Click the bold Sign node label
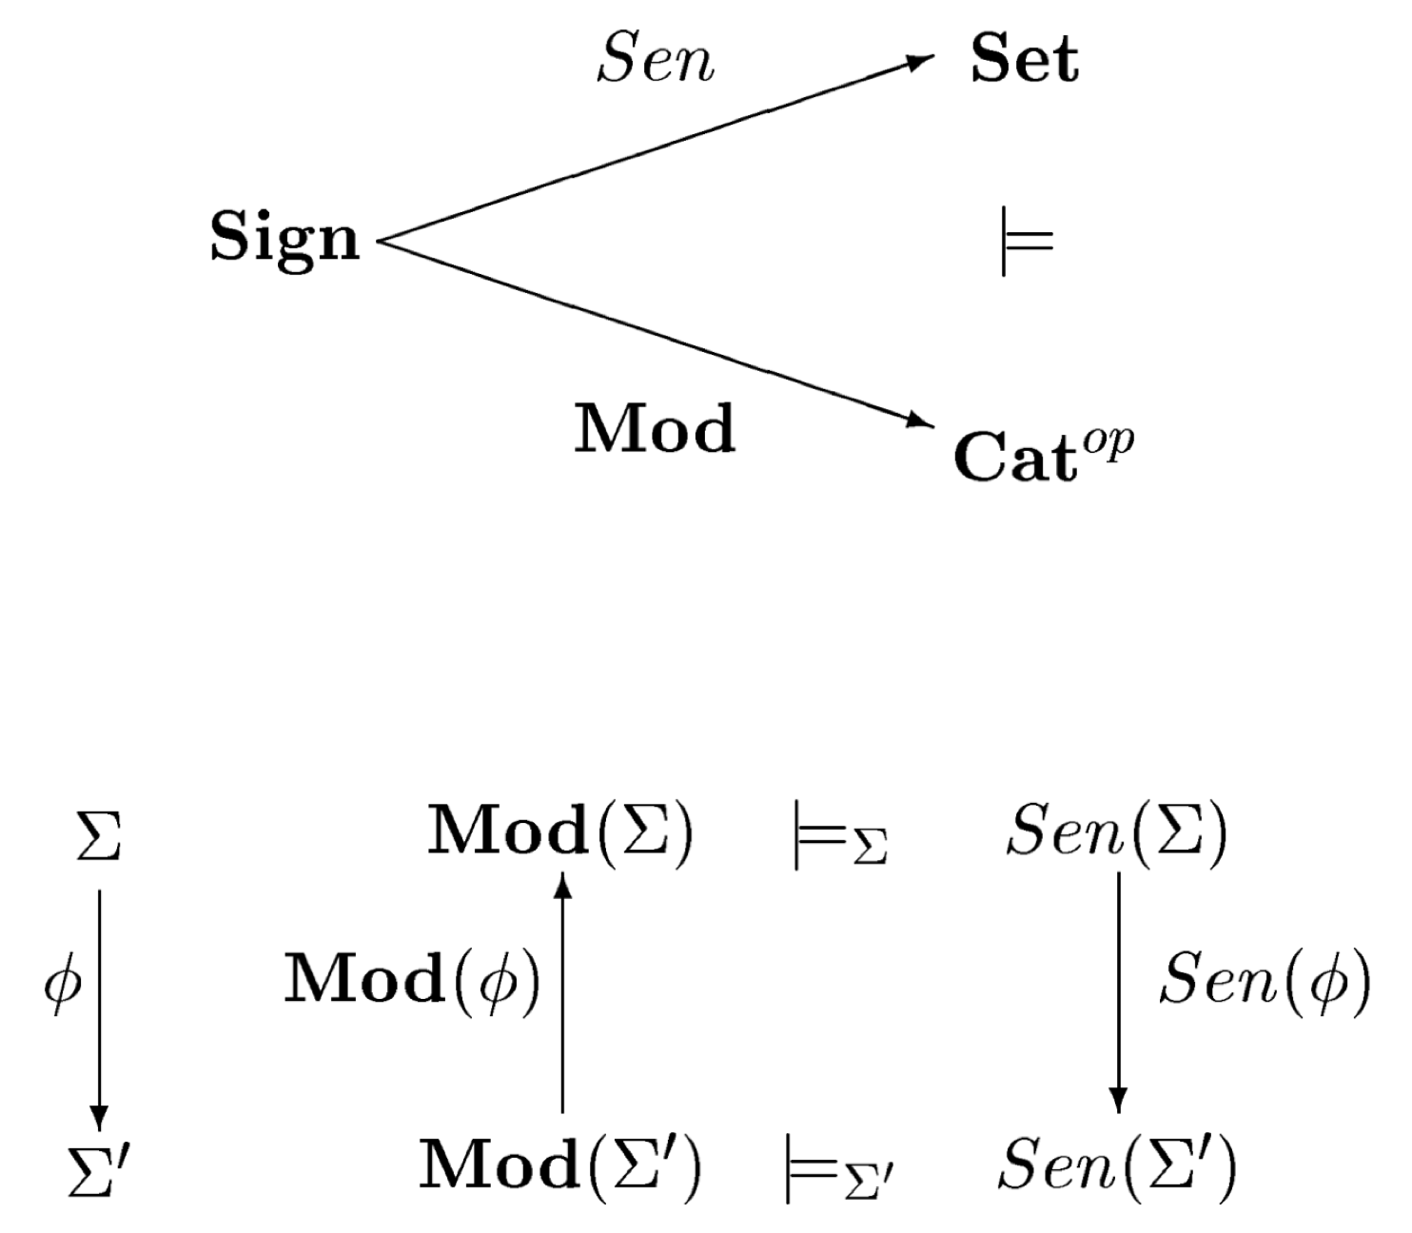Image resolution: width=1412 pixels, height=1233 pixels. tap(284, 238)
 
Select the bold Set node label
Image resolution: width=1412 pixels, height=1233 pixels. tap(1024, 59)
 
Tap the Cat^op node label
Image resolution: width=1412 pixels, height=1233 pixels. tap(1043, 454)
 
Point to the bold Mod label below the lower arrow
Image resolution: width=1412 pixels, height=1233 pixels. tap(655, 429)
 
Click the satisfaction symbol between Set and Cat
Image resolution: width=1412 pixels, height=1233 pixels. tap(1027, 241)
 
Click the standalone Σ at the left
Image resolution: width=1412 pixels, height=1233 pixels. tap(98, 834)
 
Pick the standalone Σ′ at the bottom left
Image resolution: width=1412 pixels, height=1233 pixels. tap(98, 1166)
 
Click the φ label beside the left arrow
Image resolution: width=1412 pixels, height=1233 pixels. tap(63, 984)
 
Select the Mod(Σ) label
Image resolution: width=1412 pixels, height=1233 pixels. tap(560, 831)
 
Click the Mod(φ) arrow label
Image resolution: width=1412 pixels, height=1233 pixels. tap(412, 980)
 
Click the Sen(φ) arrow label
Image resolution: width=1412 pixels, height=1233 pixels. tap(1265, 980)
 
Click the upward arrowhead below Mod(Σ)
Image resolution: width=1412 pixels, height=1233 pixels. tap(562, 885)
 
